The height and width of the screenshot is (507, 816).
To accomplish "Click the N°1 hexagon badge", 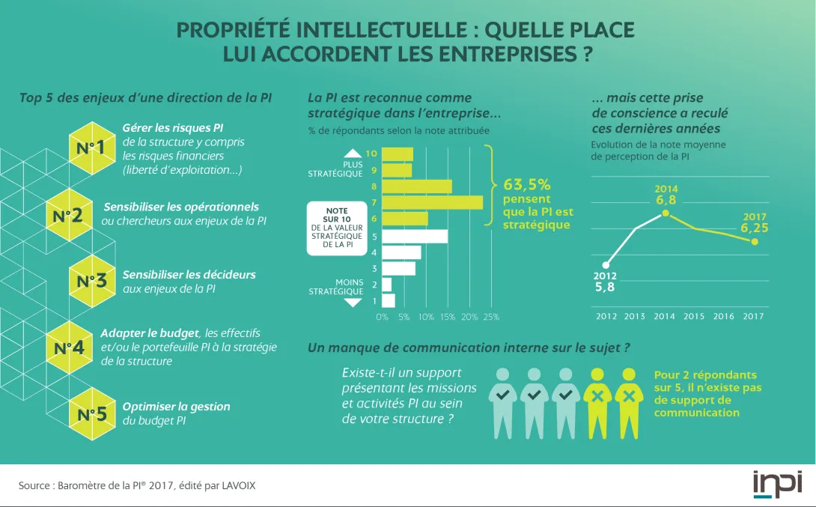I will click(91, 148).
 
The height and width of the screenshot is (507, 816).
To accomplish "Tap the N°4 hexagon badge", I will click(68, 348).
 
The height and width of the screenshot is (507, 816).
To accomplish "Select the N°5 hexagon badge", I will click(91, 413).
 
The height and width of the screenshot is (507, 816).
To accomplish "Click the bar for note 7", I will click(432, 202).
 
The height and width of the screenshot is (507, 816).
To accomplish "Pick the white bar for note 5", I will click(415, 236).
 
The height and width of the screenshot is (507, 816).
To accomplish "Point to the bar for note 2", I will click(386, 285).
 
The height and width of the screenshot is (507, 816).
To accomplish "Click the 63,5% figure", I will click(526, 184).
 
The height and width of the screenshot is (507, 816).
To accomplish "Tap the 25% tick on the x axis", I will click(491, 317).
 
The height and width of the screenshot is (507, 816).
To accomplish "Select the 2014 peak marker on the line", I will click(665, 213).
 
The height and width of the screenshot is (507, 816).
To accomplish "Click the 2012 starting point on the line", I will click(606, 264).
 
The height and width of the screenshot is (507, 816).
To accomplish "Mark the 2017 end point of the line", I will click(754, 241).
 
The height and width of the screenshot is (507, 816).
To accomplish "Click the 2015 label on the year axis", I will click(694, 316).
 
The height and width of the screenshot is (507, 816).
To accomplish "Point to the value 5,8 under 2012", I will click(605, 287).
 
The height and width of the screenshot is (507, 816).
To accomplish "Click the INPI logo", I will click(776, 484).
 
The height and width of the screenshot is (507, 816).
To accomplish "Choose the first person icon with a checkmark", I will click(503, 401).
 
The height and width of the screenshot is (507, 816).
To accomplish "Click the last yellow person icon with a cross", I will click(629, 401).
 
